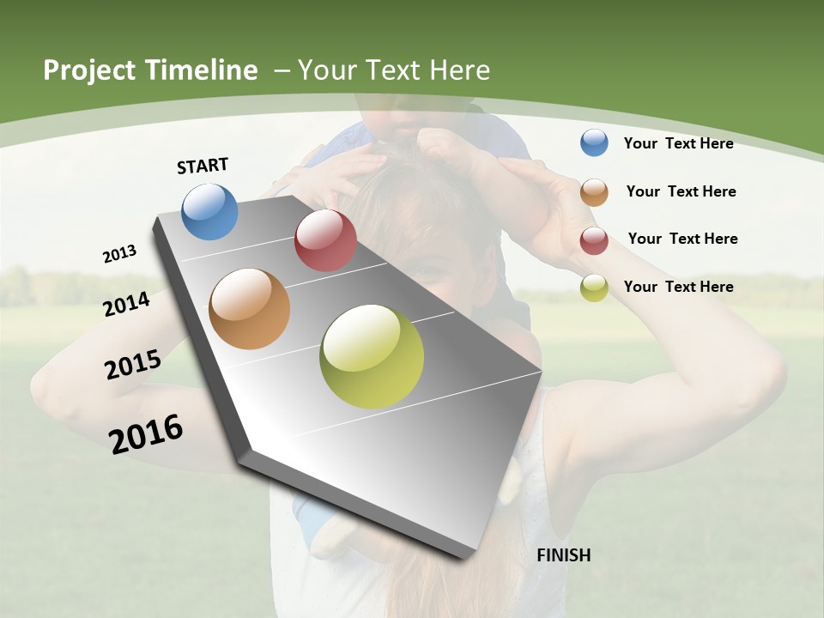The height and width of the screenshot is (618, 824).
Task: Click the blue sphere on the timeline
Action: [x=209, y=211]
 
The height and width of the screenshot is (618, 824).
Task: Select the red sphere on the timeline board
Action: [x=325, y=240]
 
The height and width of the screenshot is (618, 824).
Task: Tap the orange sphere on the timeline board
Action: [x=250, y=309]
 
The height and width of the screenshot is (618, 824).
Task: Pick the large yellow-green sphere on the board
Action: [x=372, y=356]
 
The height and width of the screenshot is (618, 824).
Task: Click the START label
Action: [x=203, y=166]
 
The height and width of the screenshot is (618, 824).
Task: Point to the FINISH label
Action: [x=564, y=555]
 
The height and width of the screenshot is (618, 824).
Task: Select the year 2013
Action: [x=119, y=254]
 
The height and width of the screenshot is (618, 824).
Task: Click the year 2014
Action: [x=126, y=304]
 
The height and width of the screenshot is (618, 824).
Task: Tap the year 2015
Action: [x=132, y=365]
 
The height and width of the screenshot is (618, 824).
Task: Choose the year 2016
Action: [x=146, y=434]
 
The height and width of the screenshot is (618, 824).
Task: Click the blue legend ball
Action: [x=594, y=142]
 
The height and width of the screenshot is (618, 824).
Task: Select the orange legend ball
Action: [x=594, y=192]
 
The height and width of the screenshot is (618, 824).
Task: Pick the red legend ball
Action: [x=594, y=240]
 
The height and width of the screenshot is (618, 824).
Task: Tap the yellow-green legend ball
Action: [x=594, y=288]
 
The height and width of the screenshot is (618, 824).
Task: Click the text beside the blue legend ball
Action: [x=678, y=143]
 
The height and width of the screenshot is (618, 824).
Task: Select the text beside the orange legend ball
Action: [x=681, y=191]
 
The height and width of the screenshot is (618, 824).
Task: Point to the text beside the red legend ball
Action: [x=682, y=239]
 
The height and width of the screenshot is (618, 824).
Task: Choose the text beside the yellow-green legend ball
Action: [x=678, y=287]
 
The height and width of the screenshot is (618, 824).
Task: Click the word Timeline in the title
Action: [x=202, y=70]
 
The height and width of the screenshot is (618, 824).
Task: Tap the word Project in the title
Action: [x=90, y=70]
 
